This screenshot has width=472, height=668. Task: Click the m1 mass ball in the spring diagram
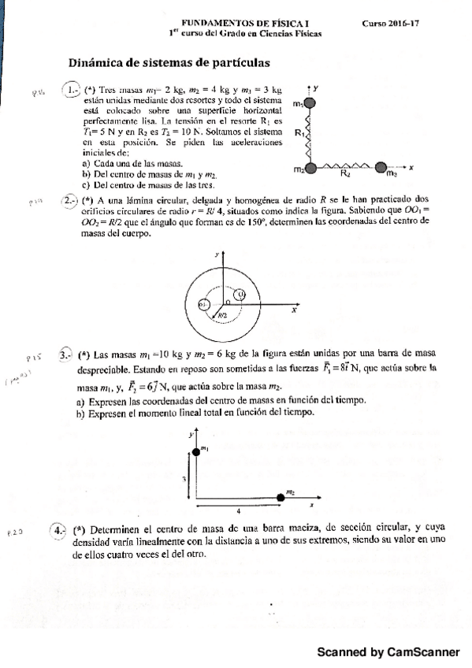[x=312, y=102]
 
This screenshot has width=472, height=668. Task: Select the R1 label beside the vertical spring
[x=299, y=134]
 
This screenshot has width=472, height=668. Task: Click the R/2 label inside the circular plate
[x=223, y=314]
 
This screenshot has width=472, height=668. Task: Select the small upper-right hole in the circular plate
[x=241, y=295]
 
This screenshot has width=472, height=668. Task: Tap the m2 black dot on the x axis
[x=281, y=497]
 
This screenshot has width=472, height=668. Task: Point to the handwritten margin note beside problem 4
[x=17, y=532]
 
